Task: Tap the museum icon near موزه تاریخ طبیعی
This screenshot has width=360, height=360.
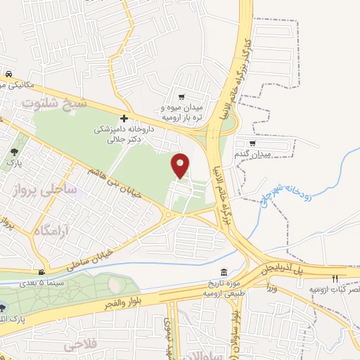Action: click(x=224, y=273)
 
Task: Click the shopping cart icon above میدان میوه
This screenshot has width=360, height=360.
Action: click(x=181, y=97)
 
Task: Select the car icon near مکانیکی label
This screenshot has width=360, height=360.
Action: click(x=7, y=75)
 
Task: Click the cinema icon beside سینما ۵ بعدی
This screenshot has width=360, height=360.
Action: click(x=43, y=273)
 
